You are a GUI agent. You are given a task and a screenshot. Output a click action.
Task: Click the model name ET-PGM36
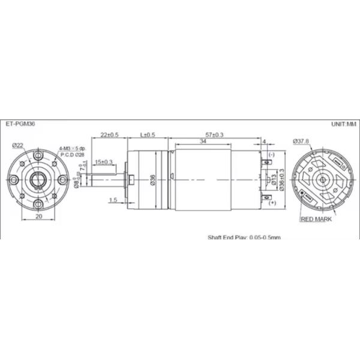click(x=20, y=125)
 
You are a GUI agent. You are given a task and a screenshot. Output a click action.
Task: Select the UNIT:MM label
click(x=343, y=125)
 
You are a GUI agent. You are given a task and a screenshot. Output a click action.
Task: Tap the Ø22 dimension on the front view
click(x=17, y=145)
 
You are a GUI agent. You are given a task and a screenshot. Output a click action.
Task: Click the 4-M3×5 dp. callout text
click(x=73, y=148)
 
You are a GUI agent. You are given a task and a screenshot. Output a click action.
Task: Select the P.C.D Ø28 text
click(x=73, y=154)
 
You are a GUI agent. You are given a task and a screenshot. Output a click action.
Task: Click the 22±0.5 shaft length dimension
click(x=109, y=135)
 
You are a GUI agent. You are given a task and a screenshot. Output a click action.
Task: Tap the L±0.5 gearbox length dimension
click(x=147, y=135)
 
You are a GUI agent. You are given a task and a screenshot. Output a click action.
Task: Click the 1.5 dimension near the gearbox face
click(x=113, y=199)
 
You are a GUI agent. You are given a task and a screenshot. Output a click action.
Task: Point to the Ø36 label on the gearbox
click(x=152, y=179)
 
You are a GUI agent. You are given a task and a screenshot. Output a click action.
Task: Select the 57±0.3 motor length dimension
click(x=214, y=135)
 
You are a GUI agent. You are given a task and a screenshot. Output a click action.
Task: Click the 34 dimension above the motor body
click(x=203, y=142)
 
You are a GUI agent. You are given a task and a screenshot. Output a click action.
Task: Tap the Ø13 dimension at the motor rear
click(x=274, y=179)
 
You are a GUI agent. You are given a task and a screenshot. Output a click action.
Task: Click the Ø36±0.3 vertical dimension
click(x=281, y=179)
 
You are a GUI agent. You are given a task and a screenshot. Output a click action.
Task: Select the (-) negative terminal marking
click(x=272, y=155)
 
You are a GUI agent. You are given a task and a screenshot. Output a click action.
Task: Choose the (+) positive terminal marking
click(x=272, y=205)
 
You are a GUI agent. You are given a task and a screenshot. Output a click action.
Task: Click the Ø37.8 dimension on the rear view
click(x=301, y=141)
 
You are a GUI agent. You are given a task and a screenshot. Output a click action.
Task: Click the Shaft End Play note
click(x=244, y=237)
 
